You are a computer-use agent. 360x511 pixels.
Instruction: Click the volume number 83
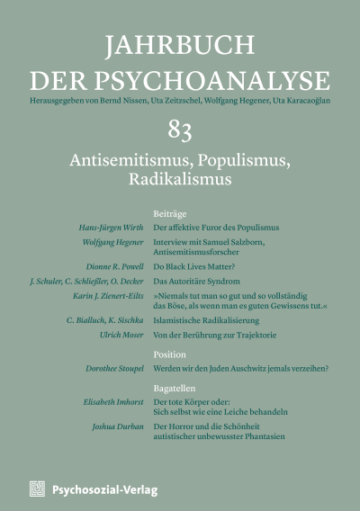[x=179, y=132]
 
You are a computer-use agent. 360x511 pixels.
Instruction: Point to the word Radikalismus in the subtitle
[x=180, y=177]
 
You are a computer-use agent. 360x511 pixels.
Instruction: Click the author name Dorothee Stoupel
[x=99, y=367]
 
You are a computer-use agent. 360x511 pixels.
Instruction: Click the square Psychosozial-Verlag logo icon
[x=37, y=488]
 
